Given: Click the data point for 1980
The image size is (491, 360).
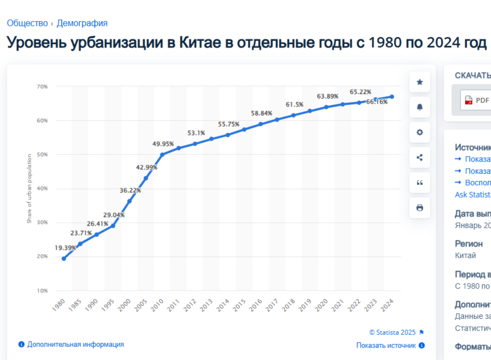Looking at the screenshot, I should [64, 258].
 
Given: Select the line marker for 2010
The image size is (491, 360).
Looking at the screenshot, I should [162, 154].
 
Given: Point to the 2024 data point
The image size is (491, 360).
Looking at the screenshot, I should [392, 97].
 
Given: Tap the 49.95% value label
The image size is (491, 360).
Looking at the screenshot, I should [163, 144].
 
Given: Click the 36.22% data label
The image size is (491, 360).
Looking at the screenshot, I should [130, 190].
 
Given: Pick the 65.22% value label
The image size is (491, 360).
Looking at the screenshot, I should [360, 92].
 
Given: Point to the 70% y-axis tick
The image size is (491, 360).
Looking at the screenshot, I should [43, 86].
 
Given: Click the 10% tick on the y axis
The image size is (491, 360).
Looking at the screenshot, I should [43, 291].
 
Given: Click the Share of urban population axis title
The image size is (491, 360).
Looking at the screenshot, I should [30, 188].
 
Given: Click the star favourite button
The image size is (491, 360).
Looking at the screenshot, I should [420, 82].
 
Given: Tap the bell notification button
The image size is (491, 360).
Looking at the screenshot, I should [420, 107].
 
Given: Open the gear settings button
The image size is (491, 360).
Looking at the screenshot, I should [420, 132].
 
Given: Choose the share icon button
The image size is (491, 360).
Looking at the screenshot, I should [420, 158].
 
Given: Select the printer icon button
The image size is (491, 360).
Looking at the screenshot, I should [420, 208].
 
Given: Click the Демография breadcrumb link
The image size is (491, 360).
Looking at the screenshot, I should [82, 23].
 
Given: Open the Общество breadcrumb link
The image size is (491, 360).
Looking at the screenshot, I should [27, 23].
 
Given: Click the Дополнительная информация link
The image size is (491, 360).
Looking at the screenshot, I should [75, 344].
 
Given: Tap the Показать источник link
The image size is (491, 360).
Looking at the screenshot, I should [386, 345].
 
